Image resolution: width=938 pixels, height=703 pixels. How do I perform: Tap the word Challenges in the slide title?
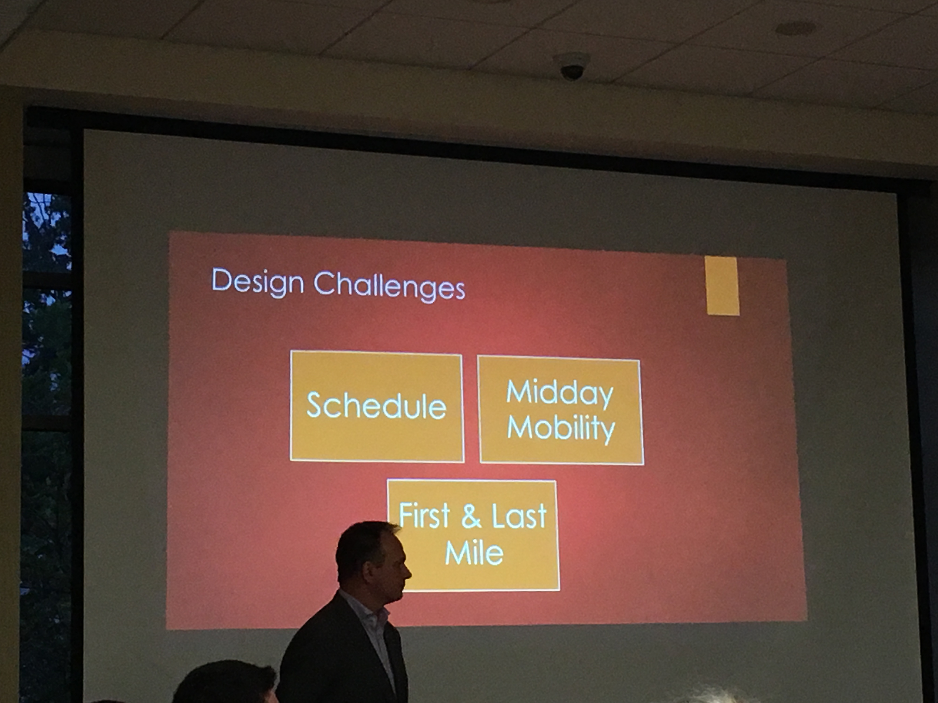pyautogui.click(x=389, y=286)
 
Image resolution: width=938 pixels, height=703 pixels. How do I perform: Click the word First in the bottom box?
pyautogui.click(x=425, y=515)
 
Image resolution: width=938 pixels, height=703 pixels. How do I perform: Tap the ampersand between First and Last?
pyautogui.click(x=471, y=516)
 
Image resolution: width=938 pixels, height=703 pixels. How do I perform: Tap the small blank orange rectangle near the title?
pyautogui.click(x=723, y=286)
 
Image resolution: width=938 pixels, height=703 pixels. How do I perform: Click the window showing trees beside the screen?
pyautogui.click(x=47, y=424)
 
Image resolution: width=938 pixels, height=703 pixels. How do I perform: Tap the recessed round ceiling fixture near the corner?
pyautogui.click(x=796, y=28)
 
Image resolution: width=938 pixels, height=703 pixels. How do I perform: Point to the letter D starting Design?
pyautogui.click(x=221, y=280)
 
